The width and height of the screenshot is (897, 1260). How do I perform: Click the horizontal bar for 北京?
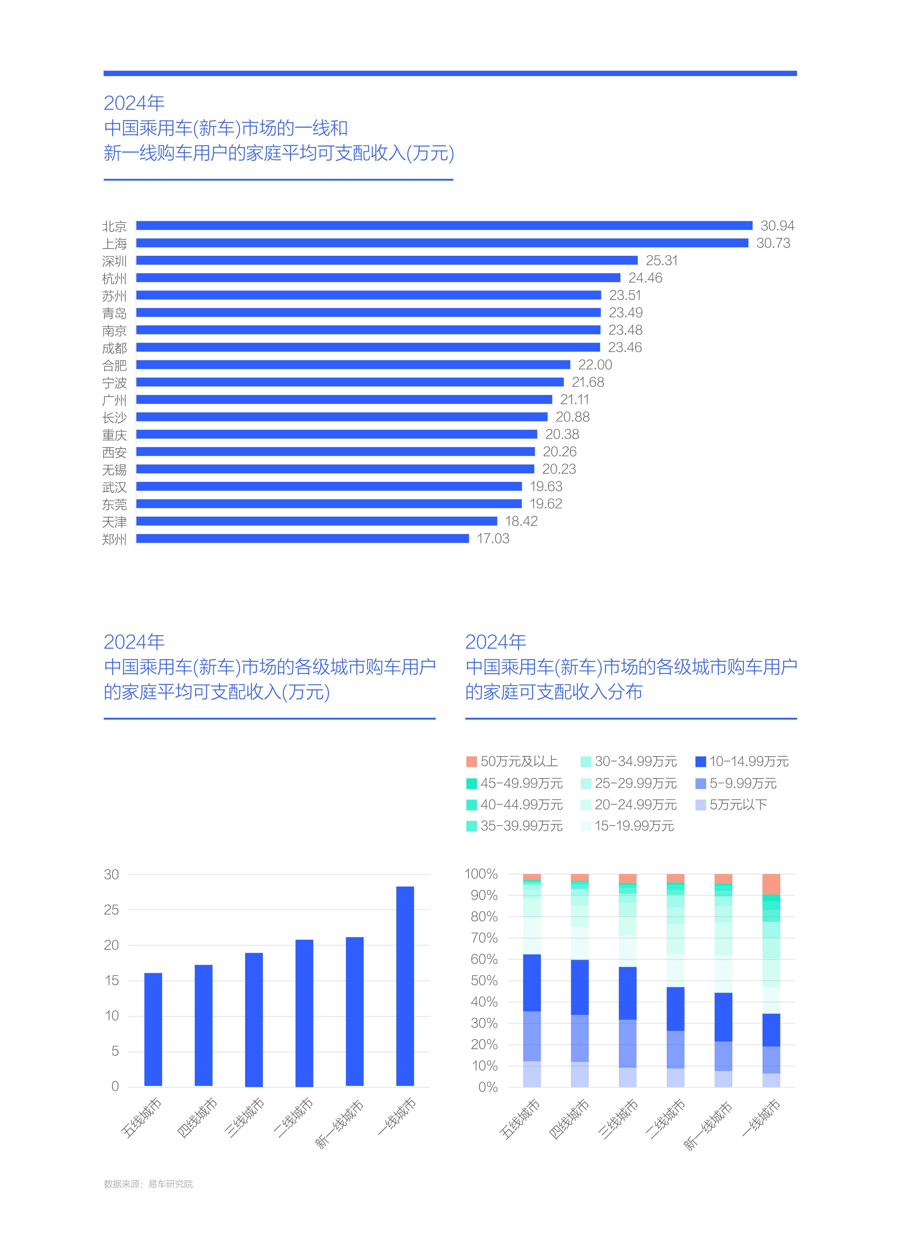click(x=444, y=225)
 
